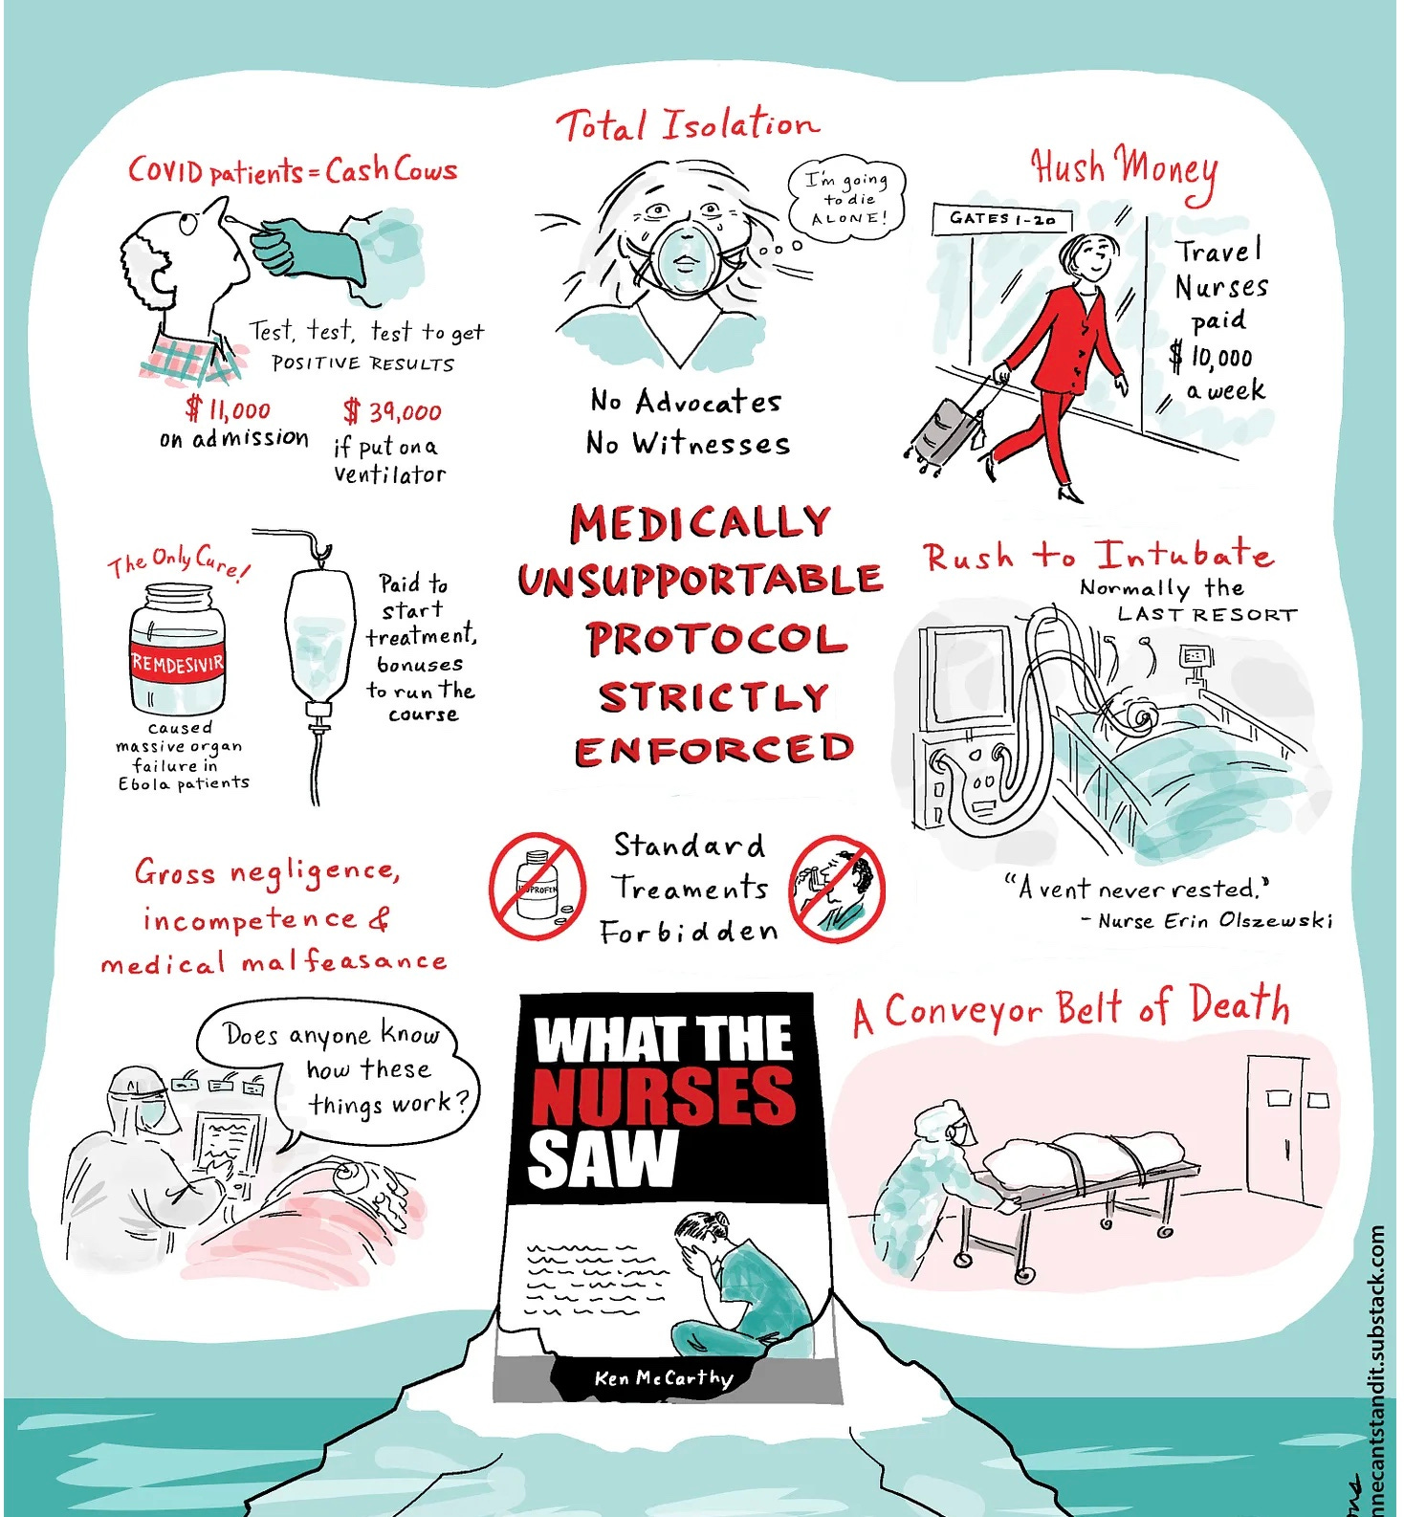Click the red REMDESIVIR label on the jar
(x=177, y=663)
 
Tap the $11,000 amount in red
(x=229, y=410)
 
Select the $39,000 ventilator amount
(x=393, y=412)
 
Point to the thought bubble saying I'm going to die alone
(x=846, y=198)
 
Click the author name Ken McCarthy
(x=663, y=1377)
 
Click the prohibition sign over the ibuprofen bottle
(x=537, y=886)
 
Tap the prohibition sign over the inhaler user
(x=838, y=889)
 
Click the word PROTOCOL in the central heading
(x=716, y=639)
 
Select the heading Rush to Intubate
(x=1097, y=556)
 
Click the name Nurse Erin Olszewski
(x=1215, y=920)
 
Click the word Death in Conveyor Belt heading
(x=1239, y=1006)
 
